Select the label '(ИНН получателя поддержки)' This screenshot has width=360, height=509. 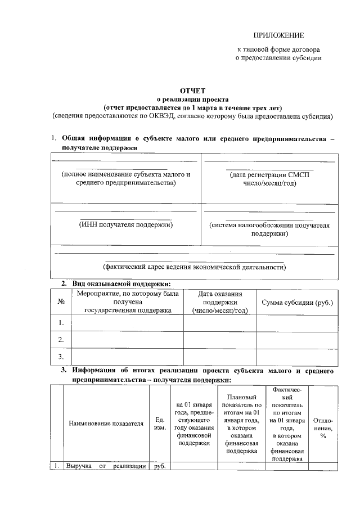(x=126, y=225)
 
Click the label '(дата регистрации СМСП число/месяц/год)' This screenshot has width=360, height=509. (x=269, y=179)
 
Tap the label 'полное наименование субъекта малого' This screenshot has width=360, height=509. (x=126, y=175)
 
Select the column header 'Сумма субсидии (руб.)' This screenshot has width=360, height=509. (x=298, y=302)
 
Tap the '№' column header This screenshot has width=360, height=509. (x=61, y=302)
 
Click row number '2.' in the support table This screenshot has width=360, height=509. (x=61, y=339)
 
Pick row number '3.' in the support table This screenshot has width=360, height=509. (x=61, y=356)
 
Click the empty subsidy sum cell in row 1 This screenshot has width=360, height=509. (x=298, y=323)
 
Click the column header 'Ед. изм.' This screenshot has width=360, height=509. (x=159, y=423)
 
